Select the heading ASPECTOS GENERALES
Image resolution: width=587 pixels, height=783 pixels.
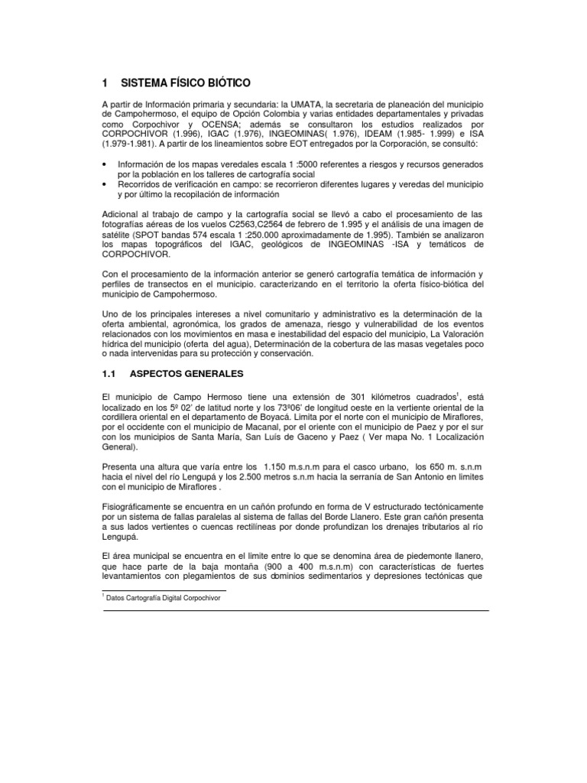(x=186, y=374)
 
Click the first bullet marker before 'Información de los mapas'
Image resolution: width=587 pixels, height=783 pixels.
(x=105, y=164)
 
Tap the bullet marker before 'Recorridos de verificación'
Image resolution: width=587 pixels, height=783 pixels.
(x=105, y=184)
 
